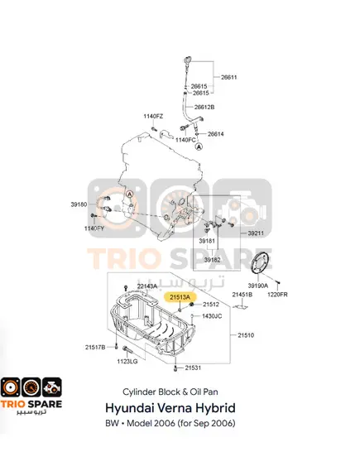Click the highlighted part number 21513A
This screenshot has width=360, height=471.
180,297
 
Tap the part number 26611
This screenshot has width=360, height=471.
228,77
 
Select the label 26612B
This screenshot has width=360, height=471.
204,107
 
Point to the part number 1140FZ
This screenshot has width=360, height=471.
153,116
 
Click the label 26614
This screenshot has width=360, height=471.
215,134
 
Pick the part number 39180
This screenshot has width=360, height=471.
79,204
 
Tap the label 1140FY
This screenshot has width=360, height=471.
94,228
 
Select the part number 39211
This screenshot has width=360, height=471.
256,233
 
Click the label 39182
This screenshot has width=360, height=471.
213,260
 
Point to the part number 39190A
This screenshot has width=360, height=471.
257,286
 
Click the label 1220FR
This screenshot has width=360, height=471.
277,295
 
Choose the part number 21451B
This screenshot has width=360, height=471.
242,295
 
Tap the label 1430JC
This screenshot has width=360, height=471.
212,316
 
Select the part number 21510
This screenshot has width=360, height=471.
246,335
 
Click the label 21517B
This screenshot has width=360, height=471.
95,347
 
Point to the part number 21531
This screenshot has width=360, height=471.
193,368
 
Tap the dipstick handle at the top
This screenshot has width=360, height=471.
187,59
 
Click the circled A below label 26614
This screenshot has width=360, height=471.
199,147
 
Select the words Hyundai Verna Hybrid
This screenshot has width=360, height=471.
170,408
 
